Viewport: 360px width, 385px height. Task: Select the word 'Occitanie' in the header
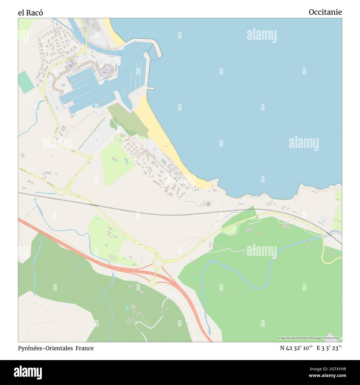[325, 12]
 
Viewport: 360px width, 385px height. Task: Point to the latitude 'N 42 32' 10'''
[296, 348]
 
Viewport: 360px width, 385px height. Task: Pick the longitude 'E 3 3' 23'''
[329, 348]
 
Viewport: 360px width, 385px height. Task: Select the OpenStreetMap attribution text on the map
[310, 338]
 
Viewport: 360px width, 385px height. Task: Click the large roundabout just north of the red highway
[158, 263]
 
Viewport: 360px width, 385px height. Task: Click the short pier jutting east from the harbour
[150, 88]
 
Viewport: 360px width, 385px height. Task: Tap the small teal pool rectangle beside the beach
[164, 161]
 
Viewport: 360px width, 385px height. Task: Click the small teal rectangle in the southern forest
[127, 307]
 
